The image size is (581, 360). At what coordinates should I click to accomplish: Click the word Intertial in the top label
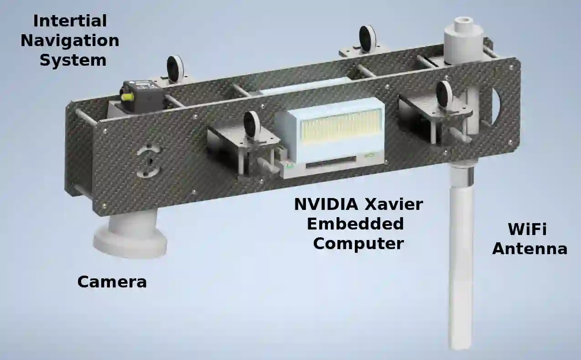pyautogui.click(x=70, y=21)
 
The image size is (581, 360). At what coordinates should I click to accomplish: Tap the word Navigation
pyautogui.click(x=70, y=41)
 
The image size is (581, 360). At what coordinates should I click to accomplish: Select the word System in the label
pyautogui.click(x=73, y=61)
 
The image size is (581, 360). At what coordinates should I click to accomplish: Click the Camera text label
pyautogui.click(x=112, y=282)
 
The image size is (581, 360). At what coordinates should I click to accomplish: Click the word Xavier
pyautogui.click(x=394, y=204)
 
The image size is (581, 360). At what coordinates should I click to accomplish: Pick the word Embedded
pyautogui.click(x=355, y=224)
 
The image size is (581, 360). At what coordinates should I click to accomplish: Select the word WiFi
pyautogui.click(x=527, y=229)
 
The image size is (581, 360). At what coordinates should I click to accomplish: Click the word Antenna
pyautogui.click(x=529, y=249)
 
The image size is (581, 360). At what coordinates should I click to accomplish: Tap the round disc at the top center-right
pyautogui.click(x=368, y=39)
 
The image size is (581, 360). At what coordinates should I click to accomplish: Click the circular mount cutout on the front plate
pyautogui.click(x=149, y=161)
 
